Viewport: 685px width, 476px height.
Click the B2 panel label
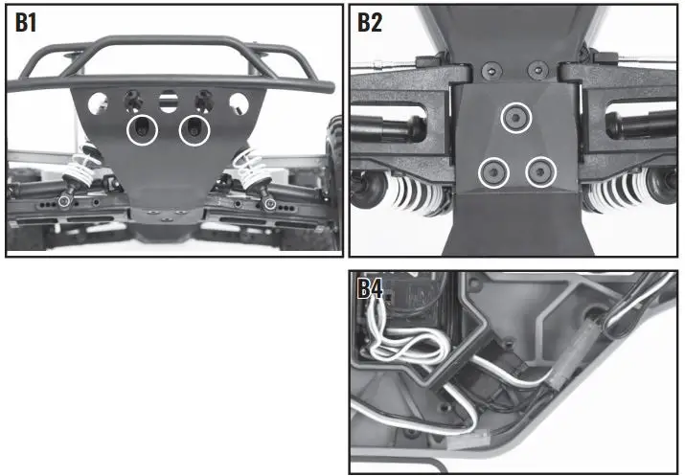[x=370, y=23]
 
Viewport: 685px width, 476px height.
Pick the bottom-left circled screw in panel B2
[x=494, y=172]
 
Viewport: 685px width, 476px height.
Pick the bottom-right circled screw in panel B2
[x=540, y=172]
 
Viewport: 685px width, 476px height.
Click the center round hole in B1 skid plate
[x=169, y=99]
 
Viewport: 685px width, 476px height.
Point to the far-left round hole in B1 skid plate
[x=97, y=102]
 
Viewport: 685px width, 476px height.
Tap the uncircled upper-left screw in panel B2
[x=491, y=70]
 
